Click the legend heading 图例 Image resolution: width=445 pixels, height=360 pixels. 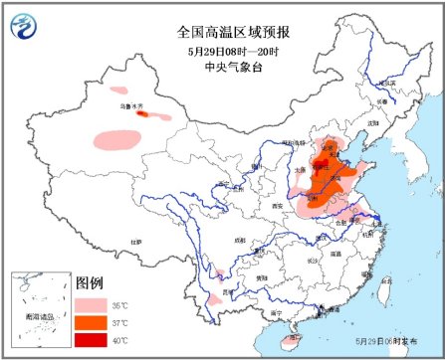coord(91,282)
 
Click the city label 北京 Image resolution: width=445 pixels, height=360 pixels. coord(325,145)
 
